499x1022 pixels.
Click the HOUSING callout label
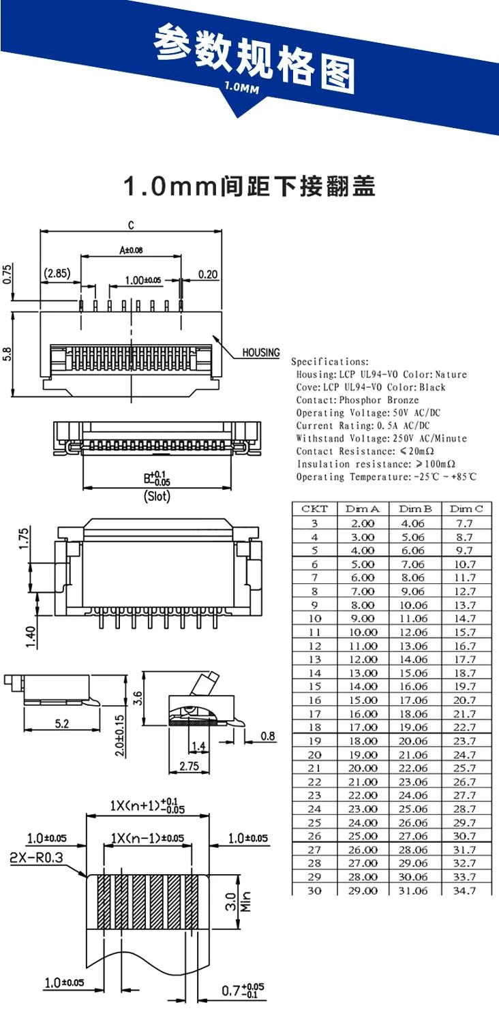point(261,352)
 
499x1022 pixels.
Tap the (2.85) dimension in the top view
point(57,273)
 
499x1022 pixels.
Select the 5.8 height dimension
point(7,354)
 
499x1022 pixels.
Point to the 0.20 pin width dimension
point(209,274)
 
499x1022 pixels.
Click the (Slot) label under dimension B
point(157,497)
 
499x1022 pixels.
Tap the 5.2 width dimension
point(61,724)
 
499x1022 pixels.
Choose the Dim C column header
point(466,509)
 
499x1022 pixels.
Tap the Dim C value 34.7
point(464,891)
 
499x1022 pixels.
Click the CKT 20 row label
point(314,754)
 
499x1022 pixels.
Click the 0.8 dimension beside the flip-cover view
point(268,736)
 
